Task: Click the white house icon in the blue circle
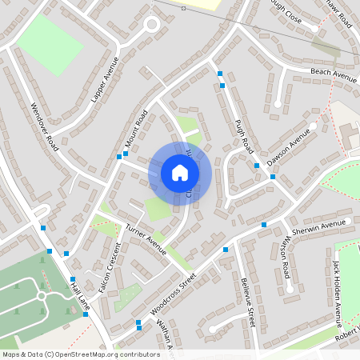[180, 173]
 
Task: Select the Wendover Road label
[44, 127]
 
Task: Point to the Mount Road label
[136, 130]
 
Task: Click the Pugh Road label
[245, 134]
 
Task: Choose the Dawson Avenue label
[288, 146]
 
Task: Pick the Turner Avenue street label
[146, 239]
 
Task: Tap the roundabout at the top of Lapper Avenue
[150, 25]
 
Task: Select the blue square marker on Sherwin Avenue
[264, 225]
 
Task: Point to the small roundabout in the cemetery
[42, 296]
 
